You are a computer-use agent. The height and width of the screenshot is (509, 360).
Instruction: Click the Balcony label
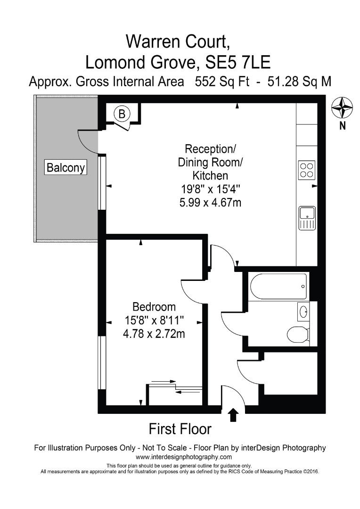click(65, 167)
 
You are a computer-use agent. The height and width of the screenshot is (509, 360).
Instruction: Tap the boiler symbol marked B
click(122, 114)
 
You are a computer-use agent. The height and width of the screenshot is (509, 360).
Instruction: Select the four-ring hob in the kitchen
click(307, 170)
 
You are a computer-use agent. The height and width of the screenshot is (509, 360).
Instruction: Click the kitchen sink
click(307, 218)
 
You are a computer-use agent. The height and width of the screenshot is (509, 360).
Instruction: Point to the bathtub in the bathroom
click(278, 286)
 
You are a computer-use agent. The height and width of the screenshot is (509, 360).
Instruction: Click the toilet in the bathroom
click(297, 334)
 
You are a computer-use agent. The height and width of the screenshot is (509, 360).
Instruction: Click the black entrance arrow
click(233, 415)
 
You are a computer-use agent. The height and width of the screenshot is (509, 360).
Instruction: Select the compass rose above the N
click(342, 108)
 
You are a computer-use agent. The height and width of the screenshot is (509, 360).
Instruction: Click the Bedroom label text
click(154, 306)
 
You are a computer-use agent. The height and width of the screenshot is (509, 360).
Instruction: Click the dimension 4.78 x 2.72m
click(154, 334)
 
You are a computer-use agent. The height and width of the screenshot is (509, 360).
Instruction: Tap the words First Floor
click(180, 429)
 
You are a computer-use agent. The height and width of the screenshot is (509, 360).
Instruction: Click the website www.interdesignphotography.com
click(184, 457)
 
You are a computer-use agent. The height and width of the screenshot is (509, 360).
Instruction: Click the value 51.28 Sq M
click(299, 82)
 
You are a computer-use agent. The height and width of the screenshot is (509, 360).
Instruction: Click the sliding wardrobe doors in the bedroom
click(175, 386)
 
